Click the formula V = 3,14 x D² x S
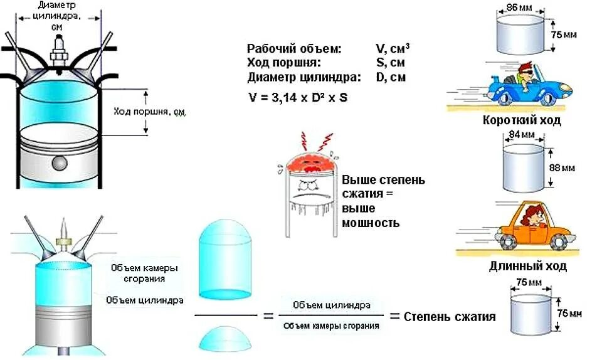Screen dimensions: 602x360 pos(298,97)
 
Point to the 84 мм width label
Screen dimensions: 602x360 pos(522,135)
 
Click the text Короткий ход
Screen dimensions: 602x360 pos(522,120)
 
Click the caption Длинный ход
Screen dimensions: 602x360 pos(527,267)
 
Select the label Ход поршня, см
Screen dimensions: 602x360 pos(149,112)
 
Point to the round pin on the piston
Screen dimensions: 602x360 pos(60,162)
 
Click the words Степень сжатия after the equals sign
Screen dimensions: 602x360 pos(450,317)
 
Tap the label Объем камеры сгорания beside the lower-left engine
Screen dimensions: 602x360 pos(144,273)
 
